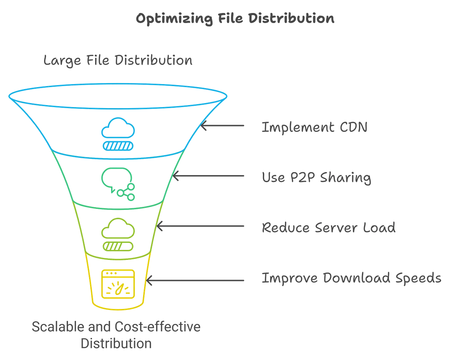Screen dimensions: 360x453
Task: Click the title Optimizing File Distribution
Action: coord(235,19)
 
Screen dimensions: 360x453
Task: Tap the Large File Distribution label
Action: coord(118,61)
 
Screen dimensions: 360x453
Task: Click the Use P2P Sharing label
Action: coord(317,177)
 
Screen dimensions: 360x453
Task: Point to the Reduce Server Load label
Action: coord(329,228)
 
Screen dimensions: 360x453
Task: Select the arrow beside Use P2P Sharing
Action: coord(209,177)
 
